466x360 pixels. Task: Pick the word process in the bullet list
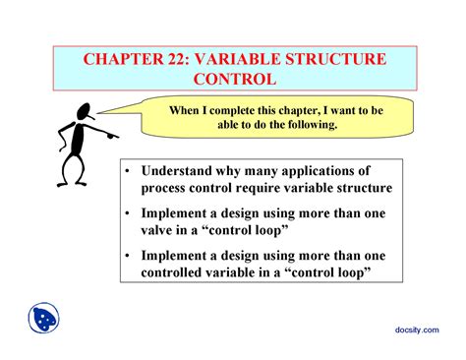pyautogui.click(x=164, y=188)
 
